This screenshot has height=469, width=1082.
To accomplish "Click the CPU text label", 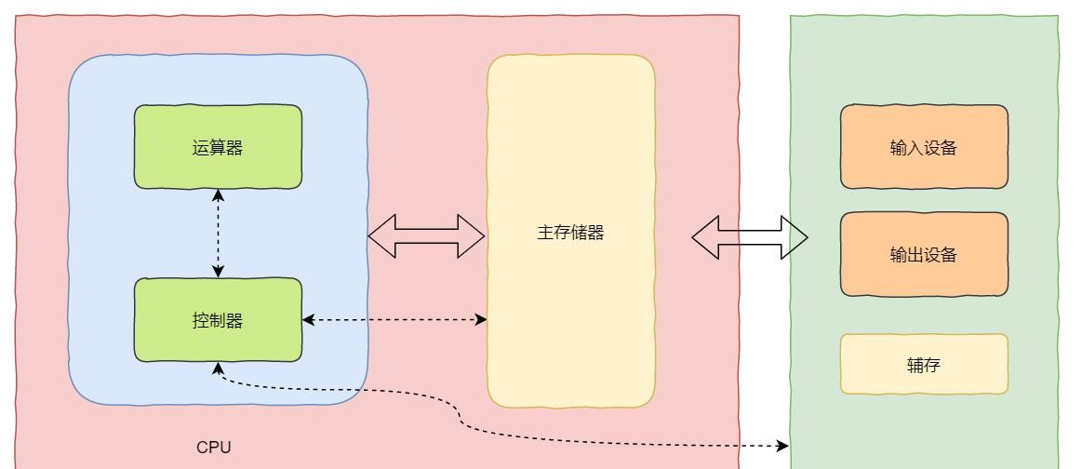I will coord(213,448).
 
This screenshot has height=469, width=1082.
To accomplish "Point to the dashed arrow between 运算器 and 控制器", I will coord(218,233).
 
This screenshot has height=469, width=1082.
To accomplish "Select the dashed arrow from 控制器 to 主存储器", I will coord(394,320).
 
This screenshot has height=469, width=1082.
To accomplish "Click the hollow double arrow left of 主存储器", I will coord(426,236).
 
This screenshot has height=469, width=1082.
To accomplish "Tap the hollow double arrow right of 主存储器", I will coord(749,237).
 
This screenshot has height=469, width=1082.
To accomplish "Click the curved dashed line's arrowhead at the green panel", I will coord(782,447).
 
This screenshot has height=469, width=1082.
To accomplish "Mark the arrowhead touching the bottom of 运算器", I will coord(218,194).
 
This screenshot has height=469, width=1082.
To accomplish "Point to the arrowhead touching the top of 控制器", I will coord(218,272).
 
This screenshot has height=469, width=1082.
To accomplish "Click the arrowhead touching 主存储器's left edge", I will coord(481,320).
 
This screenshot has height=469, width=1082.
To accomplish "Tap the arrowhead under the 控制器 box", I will coord(218,368).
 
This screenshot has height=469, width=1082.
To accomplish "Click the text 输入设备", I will coord(923,148).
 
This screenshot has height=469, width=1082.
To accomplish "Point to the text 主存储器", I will coord(570,233).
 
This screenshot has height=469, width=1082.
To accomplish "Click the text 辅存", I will coord(923,365).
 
